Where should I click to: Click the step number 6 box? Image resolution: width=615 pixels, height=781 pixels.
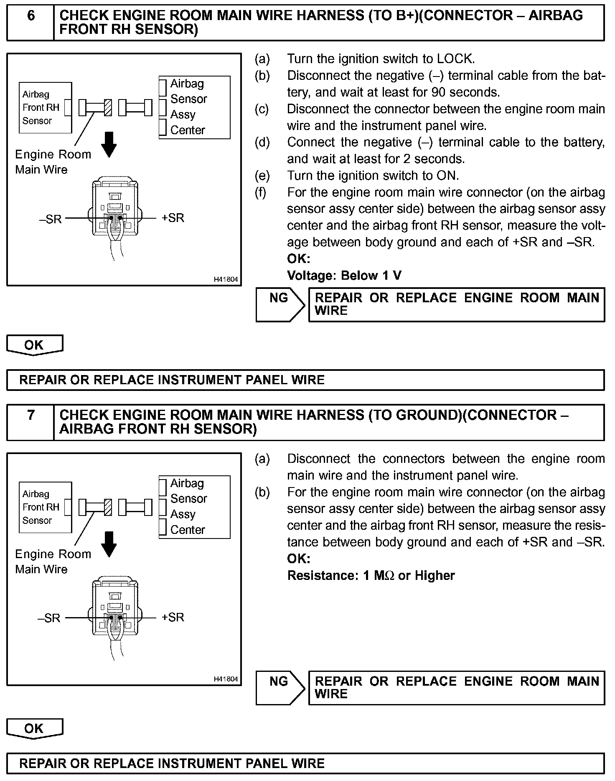(x=30, y=23)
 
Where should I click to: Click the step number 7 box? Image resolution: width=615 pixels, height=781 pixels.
(x=30, y=422)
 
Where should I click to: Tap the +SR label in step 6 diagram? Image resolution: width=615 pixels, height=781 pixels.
(x=173, y=218)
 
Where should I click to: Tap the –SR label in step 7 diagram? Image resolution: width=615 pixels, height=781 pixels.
(x=49, y=618)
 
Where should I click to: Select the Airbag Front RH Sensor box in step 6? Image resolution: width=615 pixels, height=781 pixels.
(x=45, y=108)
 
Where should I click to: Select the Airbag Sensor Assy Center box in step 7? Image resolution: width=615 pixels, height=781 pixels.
(x=194, y=507)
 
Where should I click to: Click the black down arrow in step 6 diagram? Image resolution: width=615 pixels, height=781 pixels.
(x=109, y=145)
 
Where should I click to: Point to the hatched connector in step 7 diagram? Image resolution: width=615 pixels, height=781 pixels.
(x=108, y=508)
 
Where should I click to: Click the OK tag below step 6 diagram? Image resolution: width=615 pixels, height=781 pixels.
(x=34, y=345)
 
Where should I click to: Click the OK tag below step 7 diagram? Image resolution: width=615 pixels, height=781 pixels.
(x=34, y=728)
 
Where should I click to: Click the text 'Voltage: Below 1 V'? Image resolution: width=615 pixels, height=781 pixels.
(x=344, y=276)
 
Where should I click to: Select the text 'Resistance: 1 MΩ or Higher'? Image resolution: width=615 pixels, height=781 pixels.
(x=371, y=575)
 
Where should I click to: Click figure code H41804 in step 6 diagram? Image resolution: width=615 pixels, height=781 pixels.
(x=226, y=279)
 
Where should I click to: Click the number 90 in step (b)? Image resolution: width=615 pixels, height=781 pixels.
(x=438, y=92)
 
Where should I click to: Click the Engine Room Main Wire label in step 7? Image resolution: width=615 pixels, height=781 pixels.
(x=53, y=562)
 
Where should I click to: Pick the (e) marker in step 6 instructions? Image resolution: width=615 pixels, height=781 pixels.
(x=262, y=176)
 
